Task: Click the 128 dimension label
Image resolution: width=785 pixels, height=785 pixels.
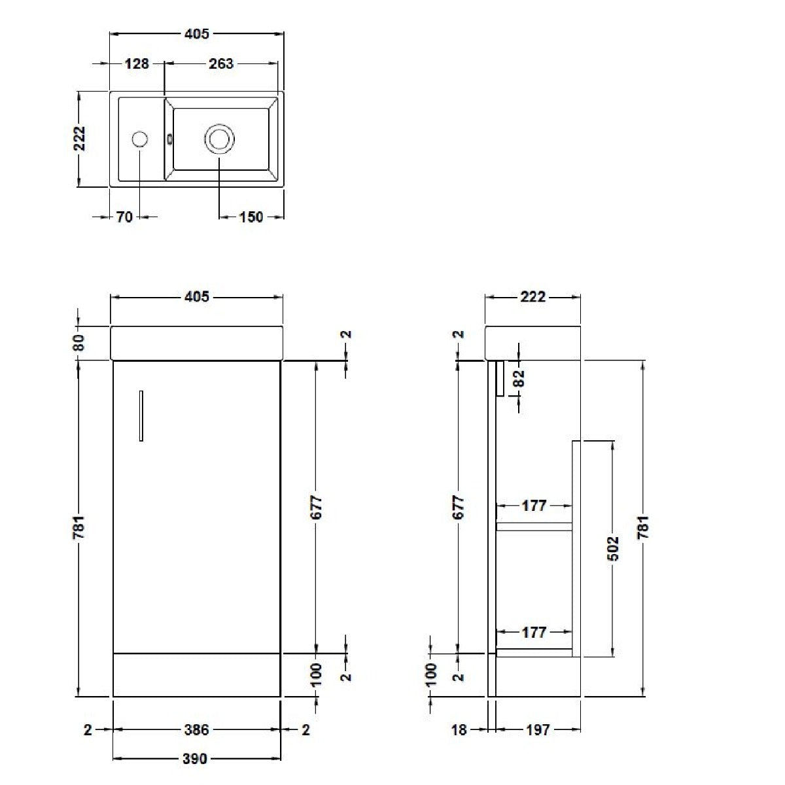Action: tap(137, 63)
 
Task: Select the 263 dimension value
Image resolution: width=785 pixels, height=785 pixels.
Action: tap(221, 63)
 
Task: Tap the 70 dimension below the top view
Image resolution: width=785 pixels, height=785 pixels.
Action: tap(125, 217)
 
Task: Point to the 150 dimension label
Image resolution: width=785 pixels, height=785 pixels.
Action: tap(251, 217)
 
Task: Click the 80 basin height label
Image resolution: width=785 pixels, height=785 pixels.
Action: tap(78, 343)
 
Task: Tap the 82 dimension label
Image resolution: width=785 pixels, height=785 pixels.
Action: tap(520, 378)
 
